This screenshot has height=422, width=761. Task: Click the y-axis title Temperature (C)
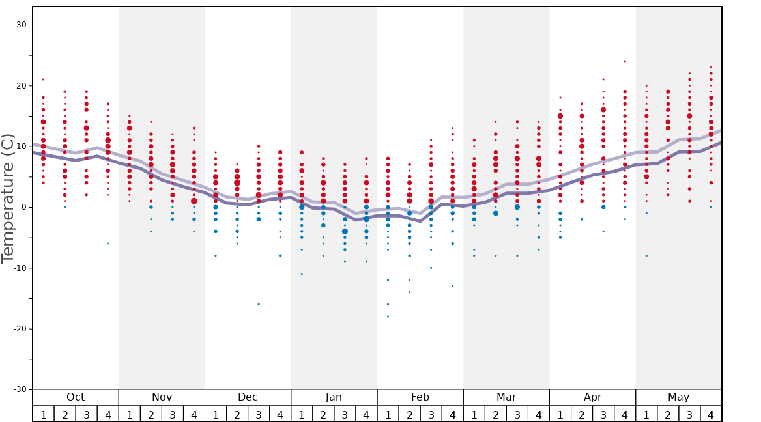coord(8,198)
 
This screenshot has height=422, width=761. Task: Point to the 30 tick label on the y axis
coord(20,25)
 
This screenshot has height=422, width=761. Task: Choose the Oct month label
coord(76,397)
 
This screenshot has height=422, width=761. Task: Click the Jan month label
coord(334,397)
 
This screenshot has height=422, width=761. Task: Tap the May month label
coord(678,397)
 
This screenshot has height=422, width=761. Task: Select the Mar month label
coord(506,397)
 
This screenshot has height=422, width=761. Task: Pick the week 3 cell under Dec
coord(259,414)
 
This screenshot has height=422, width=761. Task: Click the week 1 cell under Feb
coord(388,414)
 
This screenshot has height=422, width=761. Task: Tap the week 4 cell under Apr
coord(625,414)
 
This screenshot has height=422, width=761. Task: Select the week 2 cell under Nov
coord(151,414)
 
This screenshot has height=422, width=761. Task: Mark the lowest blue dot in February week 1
coord(388,316)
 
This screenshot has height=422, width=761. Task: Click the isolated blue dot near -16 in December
coord(259,304)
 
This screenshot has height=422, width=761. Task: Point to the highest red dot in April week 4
coord(625,61)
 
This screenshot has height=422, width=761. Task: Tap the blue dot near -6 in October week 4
coord(108,244)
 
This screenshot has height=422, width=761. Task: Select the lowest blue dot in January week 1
coord(302,274)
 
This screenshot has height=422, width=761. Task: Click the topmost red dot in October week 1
coord(44,79)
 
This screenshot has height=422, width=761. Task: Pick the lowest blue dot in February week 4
coord(452,286)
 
